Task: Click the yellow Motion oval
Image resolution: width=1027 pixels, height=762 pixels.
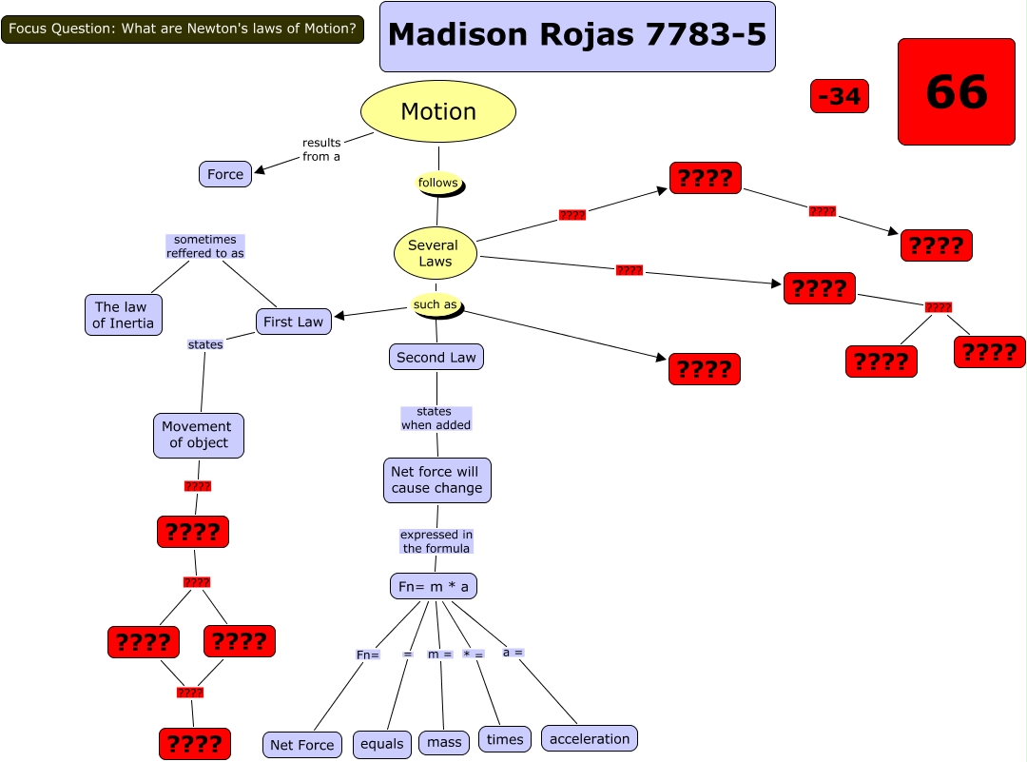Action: (438, 111)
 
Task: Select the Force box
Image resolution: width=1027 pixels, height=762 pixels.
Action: (225, 174)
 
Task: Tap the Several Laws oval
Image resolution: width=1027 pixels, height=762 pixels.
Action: (435, 253)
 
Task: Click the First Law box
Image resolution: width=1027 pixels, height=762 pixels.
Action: (293, 322)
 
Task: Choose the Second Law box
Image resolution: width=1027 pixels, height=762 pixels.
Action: (436, 357)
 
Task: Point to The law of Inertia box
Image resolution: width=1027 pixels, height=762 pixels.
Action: (124, 315)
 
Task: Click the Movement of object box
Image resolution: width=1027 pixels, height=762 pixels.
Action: (199, 435)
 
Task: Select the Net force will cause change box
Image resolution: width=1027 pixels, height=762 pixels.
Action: (436, 480)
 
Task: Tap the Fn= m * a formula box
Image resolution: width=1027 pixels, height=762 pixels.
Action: (434, 586)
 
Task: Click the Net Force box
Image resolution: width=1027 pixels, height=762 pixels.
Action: (301, 745)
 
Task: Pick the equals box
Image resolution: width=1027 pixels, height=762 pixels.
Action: (382, 744)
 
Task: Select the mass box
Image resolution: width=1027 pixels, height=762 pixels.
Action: (444, 742)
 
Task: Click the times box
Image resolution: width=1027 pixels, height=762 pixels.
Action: (505, 739)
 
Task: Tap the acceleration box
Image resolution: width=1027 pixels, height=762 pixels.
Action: (590, 738)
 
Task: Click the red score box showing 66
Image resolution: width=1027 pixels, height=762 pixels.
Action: (957, 91)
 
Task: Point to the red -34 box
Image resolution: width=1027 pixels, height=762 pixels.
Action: (840, 96)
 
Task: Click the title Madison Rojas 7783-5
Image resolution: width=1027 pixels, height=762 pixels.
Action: (577, 36)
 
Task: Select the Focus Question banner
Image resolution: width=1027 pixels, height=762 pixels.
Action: (183, 29)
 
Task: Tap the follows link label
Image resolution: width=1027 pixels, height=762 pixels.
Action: (438, 183)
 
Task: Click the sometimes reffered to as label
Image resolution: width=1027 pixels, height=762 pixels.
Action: (205, 246)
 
